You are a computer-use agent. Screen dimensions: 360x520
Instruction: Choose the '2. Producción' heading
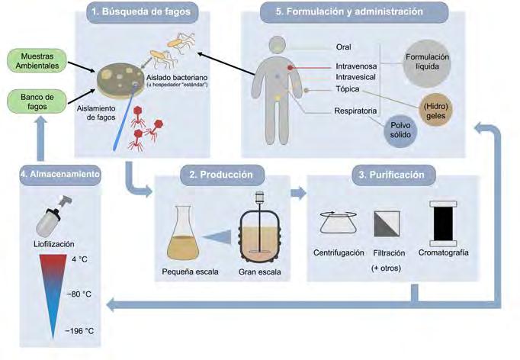[x=221, y=175]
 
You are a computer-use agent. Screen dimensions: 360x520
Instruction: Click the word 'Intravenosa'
[x=356, y=67]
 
